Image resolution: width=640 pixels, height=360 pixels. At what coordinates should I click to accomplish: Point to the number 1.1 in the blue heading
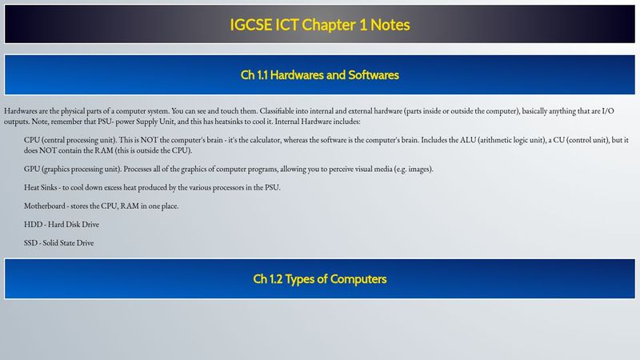(x=262, y=75)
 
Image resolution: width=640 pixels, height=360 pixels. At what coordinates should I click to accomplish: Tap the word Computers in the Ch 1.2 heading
(x=358, y=279)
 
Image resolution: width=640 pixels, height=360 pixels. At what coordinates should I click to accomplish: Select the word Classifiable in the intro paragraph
(x=277, y=111)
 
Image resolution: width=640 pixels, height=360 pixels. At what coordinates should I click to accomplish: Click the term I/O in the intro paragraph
(x=608, y=111)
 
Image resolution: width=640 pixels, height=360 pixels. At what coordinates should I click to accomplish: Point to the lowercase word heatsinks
(x=229, y=122)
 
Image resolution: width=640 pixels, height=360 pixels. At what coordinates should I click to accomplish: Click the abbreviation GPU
(x=32, y=169)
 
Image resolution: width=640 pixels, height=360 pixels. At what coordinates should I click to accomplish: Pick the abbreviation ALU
(x=468, y=140)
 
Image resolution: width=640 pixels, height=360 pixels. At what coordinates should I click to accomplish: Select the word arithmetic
(x=494, y=140)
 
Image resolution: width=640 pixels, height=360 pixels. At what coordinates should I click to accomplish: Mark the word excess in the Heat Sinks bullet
(x=113, y=188)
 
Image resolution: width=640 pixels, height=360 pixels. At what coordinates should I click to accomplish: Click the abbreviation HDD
(x=33, y=225)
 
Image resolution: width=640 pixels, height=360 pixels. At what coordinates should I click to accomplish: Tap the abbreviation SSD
(x=30, y=243)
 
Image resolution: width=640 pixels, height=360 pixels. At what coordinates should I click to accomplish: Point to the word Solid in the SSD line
(x=50, y=243)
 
